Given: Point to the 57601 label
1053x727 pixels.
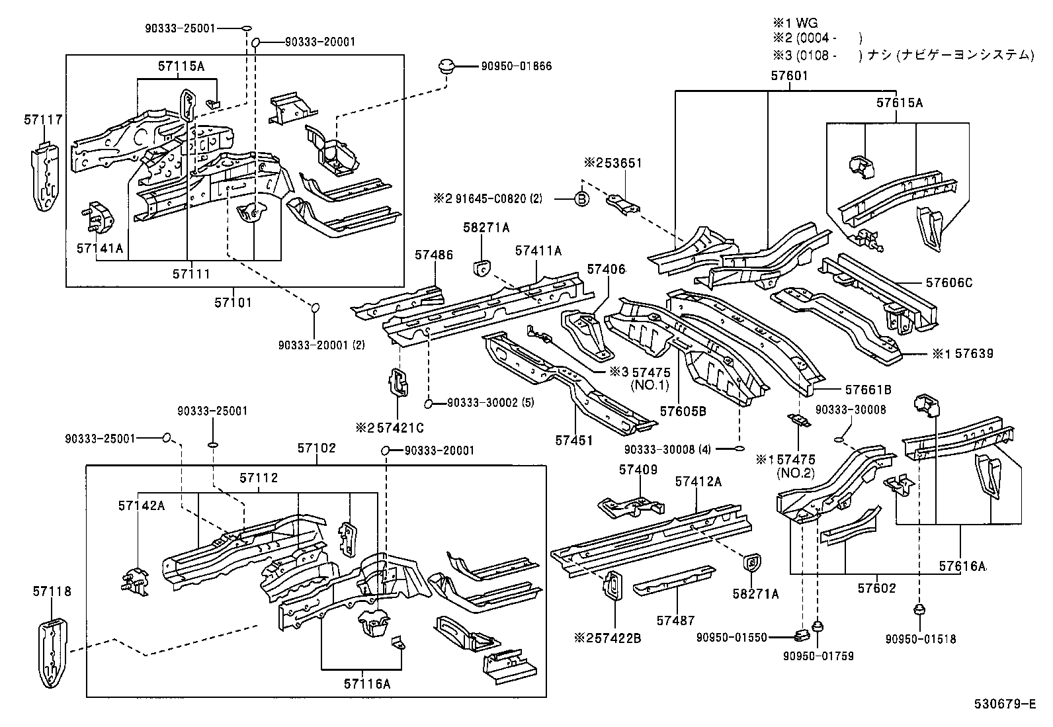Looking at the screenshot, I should pyautogui.click(x=789, y=76).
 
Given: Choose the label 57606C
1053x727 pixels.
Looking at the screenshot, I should pyautogui.click(x=949, y=282).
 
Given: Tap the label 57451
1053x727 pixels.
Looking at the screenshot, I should pyautogui.click(x=574, y=440).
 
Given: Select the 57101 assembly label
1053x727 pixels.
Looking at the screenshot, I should pyautogui.click(x=233, y=302).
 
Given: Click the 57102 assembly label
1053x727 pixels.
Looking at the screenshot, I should pyautogui.click(x=316, y=448).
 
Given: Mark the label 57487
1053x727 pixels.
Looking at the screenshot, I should pyautogui.click(x=675, y=620).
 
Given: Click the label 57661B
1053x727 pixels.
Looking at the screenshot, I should pyautogui.click(x=868, y=390).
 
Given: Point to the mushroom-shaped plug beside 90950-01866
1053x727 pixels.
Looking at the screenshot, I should pyautogui.click(x=446, y=66).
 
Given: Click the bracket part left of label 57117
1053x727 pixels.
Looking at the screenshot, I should pyautogui.click(x=44, y=177).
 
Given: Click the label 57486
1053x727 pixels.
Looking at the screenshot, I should pyautogui.click(x=434, y=255).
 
